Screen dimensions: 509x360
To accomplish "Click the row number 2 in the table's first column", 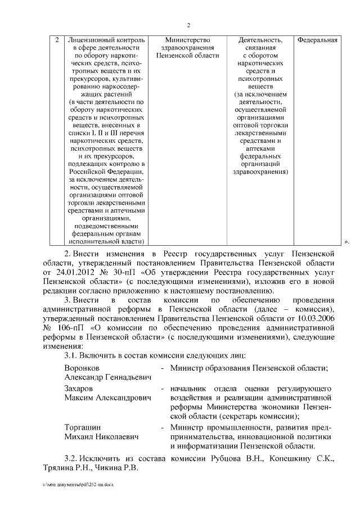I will pyautogui.click(x=58, y=40).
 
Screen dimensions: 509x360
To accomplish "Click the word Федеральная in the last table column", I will pyautogui.click(x=317, y=40).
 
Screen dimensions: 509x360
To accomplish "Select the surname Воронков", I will pyautogui.click(x=82, y=368).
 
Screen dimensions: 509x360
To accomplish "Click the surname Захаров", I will pyautogui.click(x=79, y=389).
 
